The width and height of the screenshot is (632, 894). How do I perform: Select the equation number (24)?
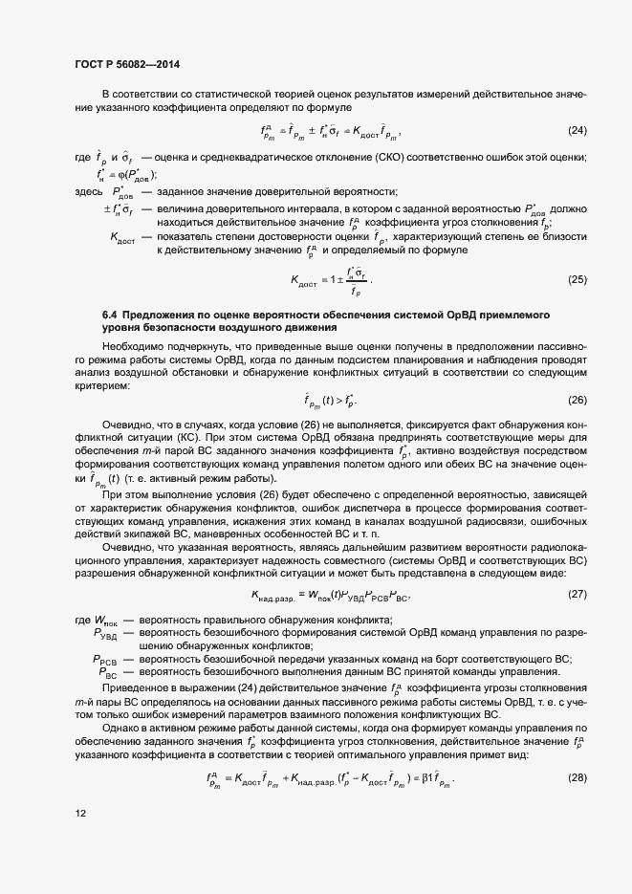click(x=577, y=130)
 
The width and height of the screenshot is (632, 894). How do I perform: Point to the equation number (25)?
click(x=577, y=279)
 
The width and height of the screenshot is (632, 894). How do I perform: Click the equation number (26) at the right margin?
click(x=577, y=400)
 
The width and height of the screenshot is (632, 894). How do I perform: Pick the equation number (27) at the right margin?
click(x=577, y=596)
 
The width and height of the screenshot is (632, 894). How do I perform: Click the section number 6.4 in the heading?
click(x=110, y=315)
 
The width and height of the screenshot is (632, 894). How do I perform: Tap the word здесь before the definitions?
click(x=89, y=192)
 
